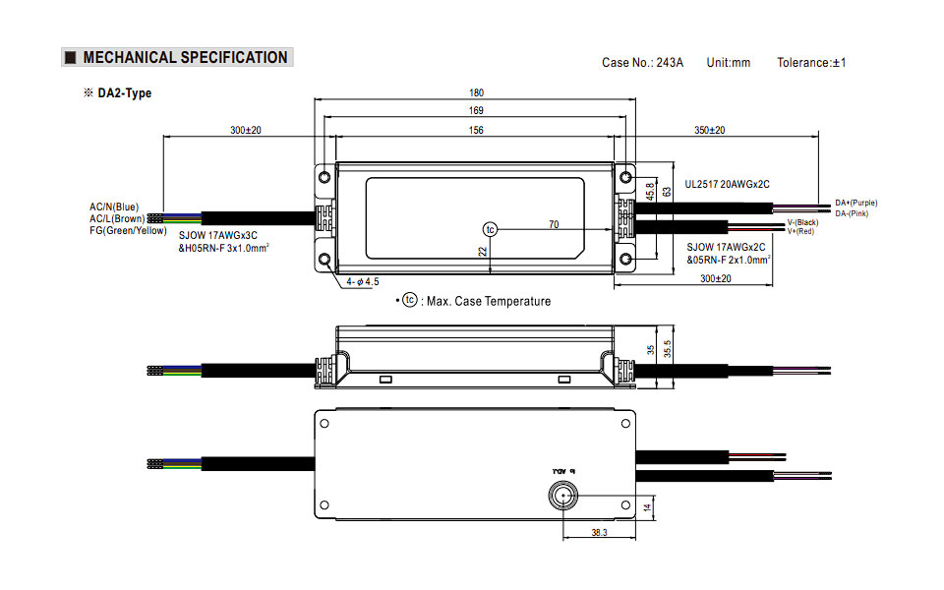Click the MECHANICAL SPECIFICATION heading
pyautogui.click(x=185, y=58)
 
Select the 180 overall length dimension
pyautogui.click(x=476, y=92)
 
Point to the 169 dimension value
pyautogui.click(x=476, y=111)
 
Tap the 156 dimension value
pyautogui.click(x=476, y=130)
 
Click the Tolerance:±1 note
pyautogui.click(x=811, y=63)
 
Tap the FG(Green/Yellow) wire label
pyautogui.click(x=129, y=230)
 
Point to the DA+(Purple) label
pyautogui.click(x=855, y=203)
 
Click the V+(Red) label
pyautogui.click(x=800, y=231)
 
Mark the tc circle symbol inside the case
pyautogui.click(x=490, y=229)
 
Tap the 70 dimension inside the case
pyautogui.click(x=554, y=225)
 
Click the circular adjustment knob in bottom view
pyautogui.click(x=563, y=495)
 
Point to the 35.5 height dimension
pyautogui.click(x=667, y=349)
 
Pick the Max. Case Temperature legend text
pyautogui.click(x=489, y=301)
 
